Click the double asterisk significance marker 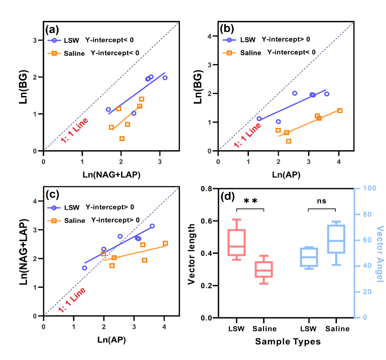point(250,202)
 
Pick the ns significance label point(321,201)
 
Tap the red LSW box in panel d point(237,242)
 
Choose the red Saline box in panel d point(264,269)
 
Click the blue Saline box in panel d point(336,239)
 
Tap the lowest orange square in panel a point(122,139)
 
